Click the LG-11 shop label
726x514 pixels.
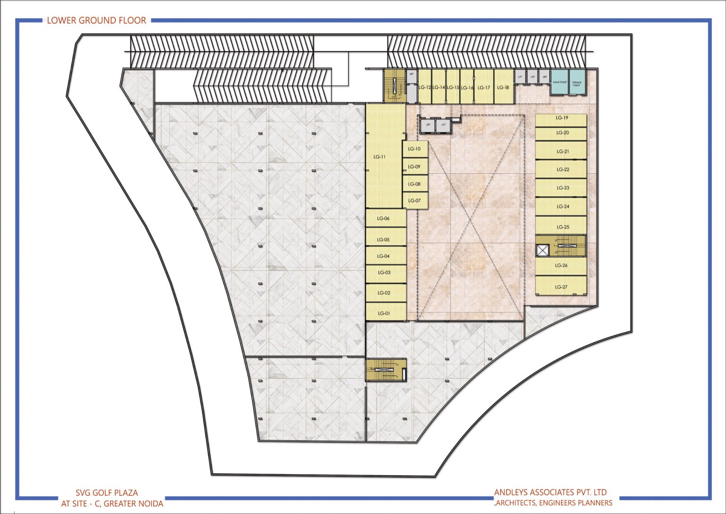[x=380, y=157]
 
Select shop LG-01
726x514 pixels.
[x=384, y=313]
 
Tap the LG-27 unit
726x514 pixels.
[x=561, y=287]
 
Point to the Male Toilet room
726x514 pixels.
[x=560, y=83]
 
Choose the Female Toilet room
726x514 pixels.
[x=577, y=83]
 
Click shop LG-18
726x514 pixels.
[x=503, y=88]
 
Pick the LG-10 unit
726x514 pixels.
[x=415, y=149]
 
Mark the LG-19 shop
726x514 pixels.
[x=562, y=118]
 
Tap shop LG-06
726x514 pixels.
[x=383, y=218]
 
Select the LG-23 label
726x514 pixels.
[x=562, y=188]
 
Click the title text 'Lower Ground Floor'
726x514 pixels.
[x=96, y=20]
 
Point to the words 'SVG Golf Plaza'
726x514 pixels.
[x=107, y=493]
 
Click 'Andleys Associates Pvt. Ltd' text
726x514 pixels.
[x=550, y=492]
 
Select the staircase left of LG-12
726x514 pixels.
[x=393, y=86]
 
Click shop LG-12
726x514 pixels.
[x=424, y=88]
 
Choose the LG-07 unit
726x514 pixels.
[x=415, y=201]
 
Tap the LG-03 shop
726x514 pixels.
[x=384, y=273]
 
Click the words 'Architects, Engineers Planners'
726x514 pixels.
[x=554, y=503]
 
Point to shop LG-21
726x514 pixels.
[x=562, y=151]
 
